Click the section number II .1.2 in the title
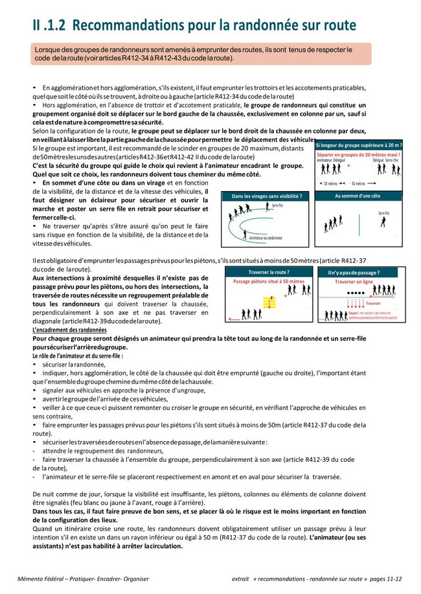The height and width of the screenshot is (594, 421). tap(51, 25)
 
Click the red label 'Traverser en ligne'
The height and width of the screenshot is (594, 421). tap(356, 282)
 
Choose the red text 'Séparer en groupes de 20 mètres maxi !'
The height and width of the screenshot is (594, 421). tap(358, 155)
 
